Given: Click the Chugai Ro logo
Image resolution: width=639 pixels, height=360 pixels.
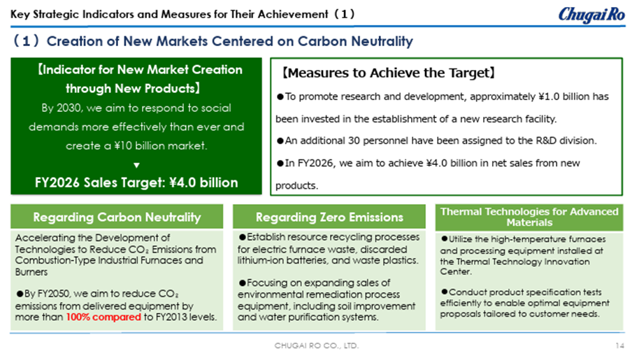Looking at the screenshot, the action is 591,15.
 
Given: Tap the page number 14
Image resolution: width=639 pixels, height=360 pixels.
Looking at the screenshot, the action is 619,345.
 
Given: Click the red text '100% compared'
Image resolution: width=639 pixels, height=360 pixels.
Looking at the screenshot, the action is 103,317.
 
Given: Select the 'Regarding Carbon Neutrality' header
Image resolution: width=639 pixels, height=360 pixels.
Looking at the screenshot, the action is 117,217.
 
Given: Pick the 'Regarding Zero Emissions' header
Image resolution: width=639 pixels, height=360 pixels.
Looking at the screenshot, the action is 329,217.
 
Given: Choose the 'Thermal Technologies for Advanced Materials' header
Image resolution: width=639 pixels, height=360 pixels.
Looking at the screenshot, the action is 529,217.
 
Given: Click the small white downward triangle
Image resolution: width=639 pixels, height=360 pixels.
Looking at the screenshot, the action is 136,165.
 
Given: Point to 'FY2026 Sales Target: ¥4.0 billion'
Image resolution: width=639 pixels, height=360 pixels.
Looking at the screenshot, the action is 136,182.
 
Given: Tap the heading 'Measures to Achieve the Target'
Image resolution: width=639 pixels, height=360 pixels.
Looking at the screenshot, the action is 389,73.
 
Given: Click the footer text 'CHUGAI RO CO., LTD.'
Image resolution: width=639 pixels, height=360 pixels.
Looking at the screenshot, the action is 317,345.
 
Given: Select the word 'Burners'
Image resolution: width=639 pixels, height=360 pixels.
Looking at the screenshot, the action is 31,272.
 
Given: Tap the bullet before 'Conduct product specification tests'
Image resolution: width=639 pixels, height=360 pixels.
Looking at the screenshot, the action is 444,292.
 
